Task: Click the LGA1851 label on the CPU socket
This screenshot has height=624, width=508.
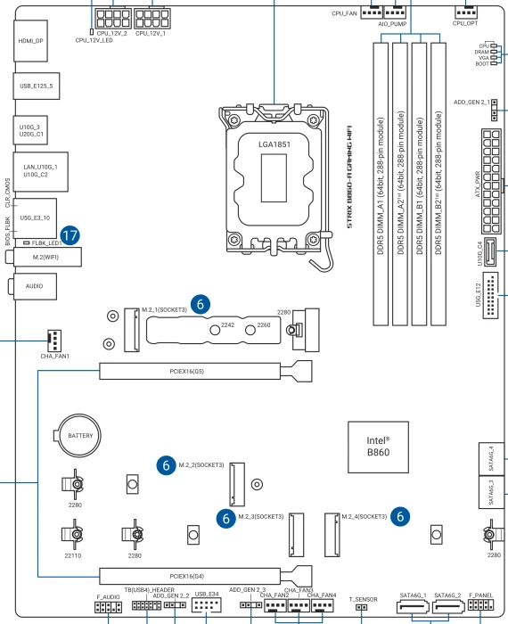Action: pos(274,144)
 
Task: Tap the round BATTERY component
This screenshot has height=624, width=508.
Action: pos(80,435)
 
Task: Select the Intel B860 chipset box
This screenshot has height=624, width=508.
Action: pos(378,447)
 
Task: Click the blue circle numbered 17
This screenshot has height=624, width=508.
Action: pos(70,235)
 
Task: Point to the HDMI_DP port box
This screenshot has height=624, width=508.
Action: pos(30,41)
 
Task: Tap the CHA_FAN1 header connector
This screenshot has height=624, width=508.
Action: pos(54,341)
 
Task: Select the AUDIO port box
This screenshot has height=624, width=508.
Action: pos(35,286)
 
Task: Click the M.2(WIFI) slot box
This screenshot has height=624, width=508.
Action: pos(47,257)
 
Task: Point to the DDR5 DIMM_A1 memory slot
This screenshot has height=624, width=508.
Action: pos(381,184)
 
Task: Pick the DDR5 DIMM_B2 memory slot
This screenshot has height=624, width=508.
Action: pos(438,184)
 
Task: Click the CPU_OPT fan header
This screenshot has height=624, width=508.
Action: pos(466,13)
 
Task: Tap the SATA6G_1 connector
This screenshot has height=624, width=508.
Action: pos(413,608)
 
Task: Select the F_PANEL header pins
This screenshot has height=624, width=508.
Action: pos(480,605)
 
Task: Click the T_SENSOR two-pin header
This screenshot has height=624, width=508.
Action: pos(361,607)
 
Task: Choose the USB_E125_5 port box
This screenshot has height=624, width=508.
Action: pos(37,86)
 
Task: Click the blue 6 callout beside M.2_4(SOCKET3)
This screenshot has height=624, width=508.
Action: pos(400,516)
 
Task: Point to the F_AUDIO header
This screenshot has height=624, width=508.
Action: pos(108,607)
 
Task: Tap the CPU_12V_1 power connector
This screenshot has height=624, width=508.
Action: pos(152,19)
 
